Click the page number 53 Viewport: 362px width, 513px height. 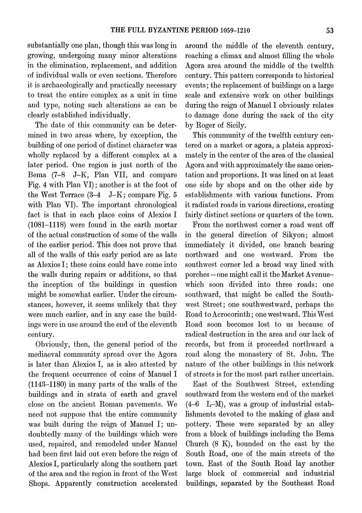coord(329,30)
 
